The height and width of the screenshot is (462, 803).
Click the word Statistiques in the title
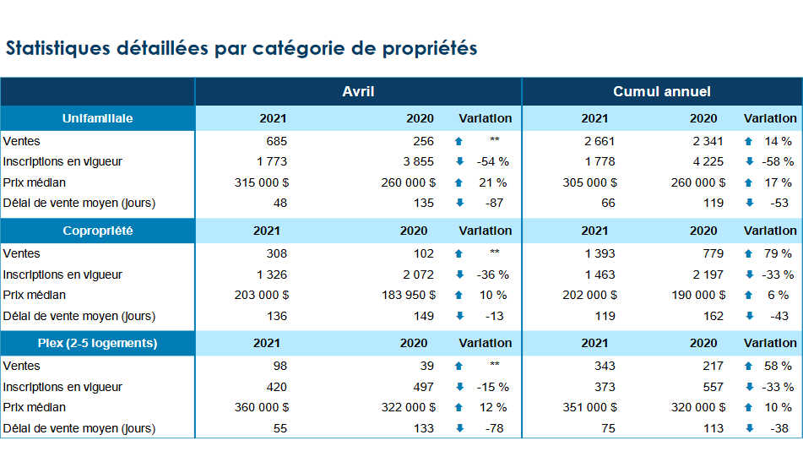click(x=58, y=48)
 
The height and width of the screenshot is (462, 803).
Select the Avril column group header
click(x=358, y=92)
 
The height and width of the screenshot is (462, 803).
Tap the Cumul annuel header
click(x=662, y=92)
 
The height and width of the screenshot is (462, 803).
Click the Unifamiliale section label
click(x=97, y=118)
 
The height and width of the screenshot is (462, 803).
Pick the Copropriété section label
click(x=97, y=231)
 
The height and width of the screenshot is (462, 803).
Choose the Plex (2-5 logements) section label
click(x=97, y=343)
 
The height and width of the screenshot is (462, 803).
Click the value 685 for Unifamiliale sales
click(x=277, y=141)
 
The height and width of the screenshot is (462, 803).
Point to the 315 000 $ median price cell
click(x=262, y=182)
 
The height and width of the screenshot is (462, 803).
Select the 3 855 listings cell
click(x=419, y=162)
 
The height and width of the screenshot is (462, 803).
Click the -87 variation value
click(x=494, y=204)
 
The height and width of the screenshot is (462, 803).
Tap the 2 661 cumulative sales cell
click(x=600, y=141)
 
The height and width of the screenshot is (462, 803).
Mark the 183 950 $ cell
click(x=409, y=296)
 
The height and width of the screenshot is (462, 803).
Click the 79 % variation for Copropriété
click(x=778, y=253)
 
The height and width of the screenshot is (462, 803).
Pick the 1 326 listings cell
click(x=272, y=274)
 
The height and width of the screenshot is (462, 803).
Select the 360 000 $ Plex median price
click(x=262, y=408)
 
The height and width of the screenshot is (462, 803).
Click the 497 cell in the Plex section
click(x=424, y=387)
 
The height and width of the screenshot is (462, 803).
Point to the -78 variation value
click(x=494, y=429)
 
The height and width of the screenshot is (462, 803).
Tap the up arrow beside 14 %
click(x=749, y=141)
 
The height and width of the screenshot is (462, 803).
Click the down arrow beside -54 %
click(x=460, y=162)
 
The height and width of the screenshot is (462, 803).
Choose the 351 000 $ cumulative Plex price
click(x=590, y=408)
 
